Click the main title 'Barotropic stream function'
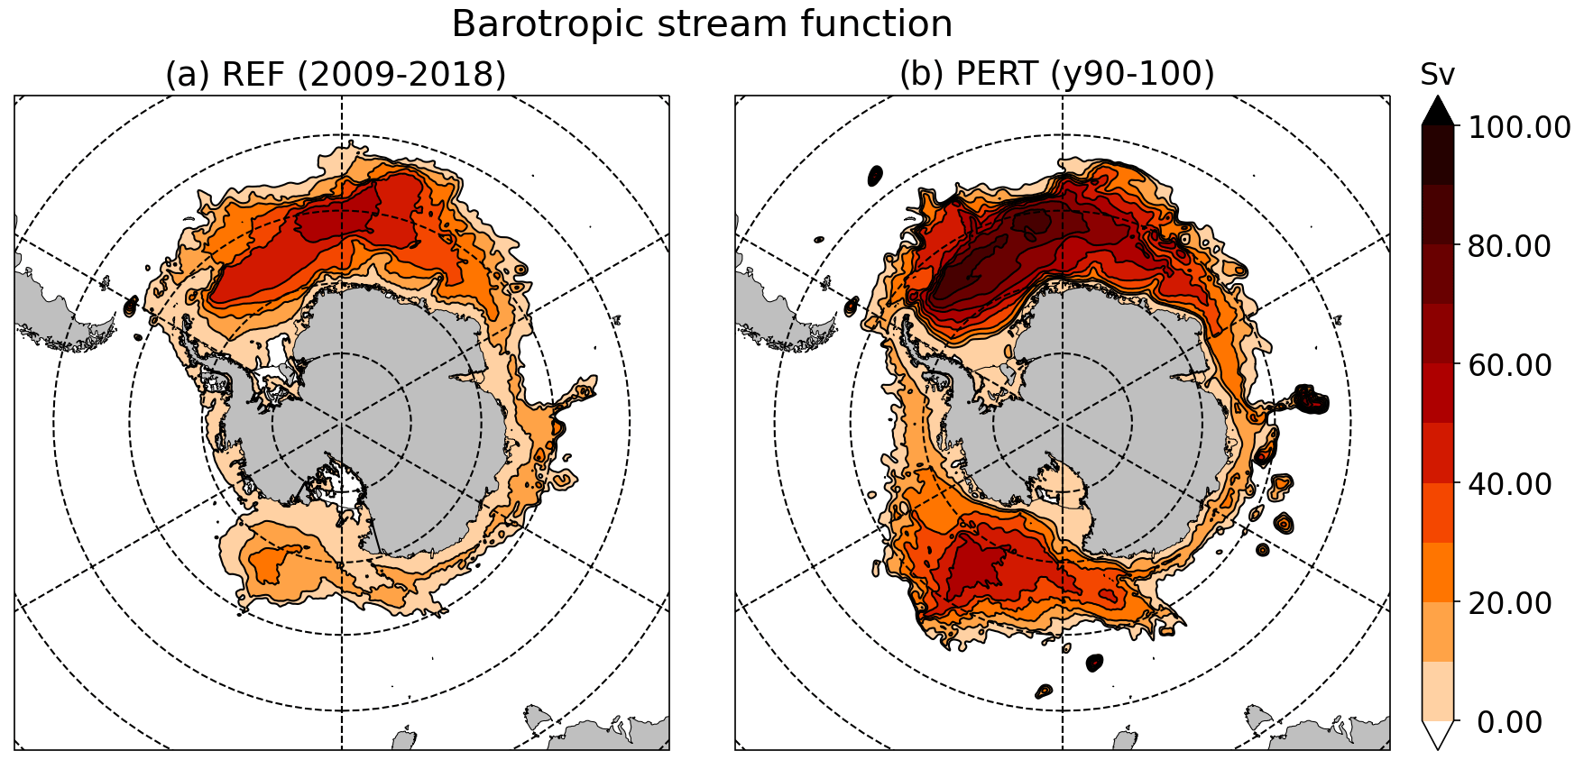click(x=702, y=24)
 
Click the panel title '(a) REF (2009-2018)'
click(x=336, y=74)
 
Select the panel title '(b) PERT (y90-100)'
click(x=1056, y=74)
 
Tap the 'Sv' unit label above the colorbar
click(x=1437, y=75)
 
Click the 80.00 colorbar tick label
click(x=1509, y=246)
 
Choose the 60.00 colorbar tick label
click(x=1509, y=365)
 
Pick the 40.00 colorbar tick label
click(x=1509, y=484)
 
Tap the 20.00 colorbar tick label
click(x=1509, y=603)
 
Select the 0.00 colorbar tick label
click(x=1509, y=722)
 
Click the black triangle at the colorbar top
click(x=1438, y=113)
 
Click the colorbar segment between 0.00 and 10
click(x=1438, y=691)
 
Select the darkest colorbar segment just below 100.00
click(x=1438, y=156)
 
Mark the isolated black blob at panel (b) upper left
click(x=874, y=175)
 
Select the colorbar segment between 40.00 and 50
click(x=1438, y=453)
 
